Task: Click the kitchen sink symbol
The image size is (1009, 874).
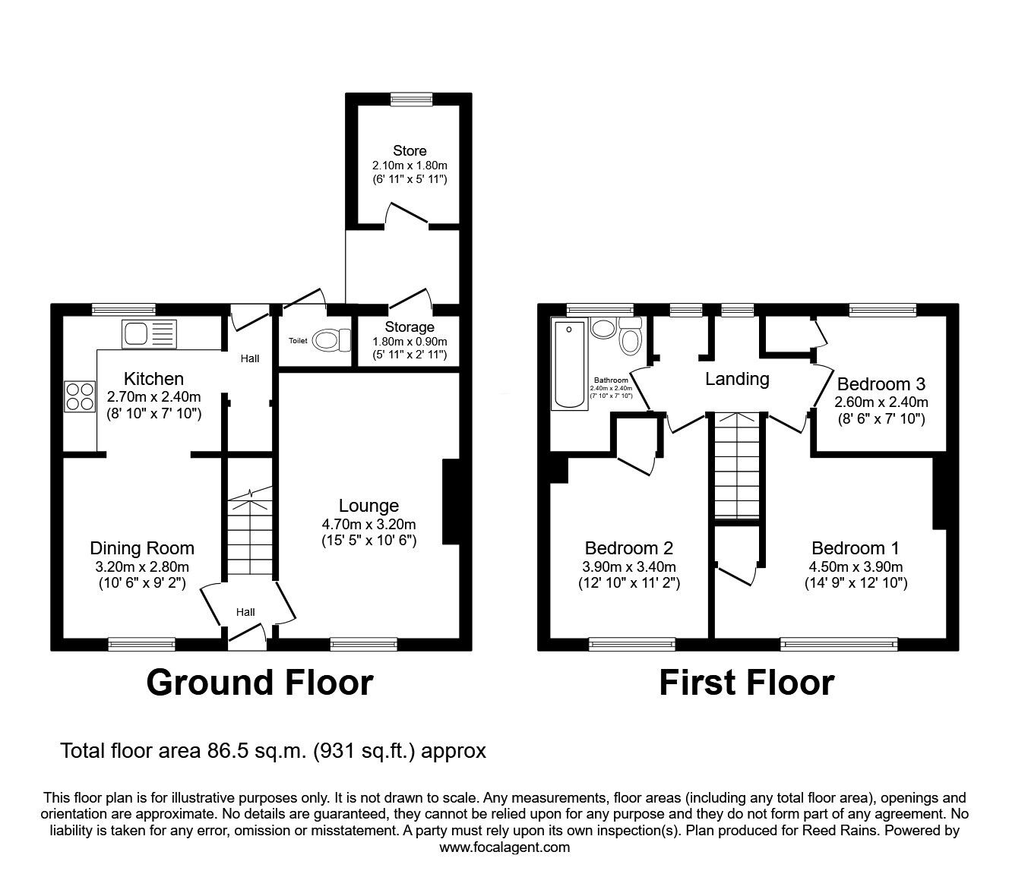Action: (149, 334)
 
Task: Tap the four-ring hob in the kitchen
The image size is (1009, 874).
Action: (80, 396)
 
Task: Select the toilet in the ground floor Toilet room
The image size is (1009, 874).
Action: (331, 340)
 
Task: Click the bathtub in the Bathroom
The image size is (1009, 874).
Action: (569, 365)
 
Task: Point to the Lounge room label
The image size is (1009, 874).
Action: (368, 506)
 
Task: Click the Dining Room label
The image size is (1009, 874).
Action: (142, 548)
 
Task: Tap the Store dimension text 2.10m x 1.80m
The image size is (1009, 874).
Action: (410, 166)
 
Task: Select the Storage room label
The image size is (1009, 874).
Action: (410, 327)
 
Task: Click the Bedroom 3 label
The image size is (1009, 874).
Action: (881, 384)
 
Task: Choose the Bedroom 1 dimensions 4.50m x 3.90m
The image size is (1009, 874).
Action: (856, 567)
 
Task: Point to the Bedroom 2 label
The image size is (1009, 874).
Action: (629, 548)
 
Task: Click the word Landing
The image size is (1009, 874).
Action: (737, 379)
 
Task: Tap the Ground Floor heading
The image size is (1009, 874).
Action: (260, 683)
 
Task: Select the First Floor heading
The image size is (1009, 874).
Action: (746, 683)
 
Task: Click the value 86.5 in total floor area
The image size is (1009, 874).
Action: (227, 751)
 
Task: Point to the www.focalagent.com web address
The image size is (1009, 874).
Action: (504, 847)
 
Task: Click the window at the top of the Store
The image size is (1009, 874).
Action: (412, 99)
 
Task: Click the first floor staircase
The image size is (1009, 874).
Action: (737, 466)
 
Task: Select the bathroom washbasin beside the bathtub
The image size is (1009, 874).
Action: (604, 328)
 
